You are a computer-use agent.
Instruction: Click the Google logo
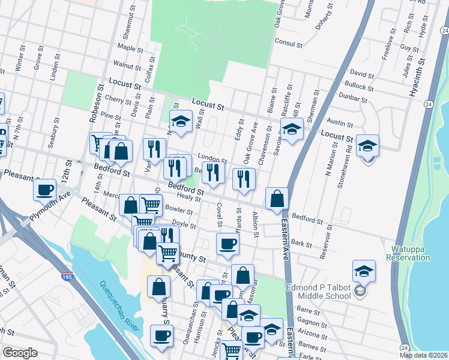click(x=20, y=353)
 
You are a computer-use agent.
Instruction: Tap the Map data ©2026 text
click(x=423, y=355)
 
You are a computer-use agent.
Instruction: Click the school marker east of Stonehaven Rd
click(x=367, y=146)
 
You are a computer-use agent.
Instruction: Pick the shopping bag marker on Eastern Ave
click(x=277, y=199)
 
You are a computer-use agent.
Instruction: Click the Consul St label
click(x=287, y=42)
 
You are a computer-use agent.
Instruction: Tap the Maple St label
click(x=131, y=47)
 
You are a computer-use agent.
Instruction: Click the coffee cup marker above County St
click(x=228, y=244)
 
